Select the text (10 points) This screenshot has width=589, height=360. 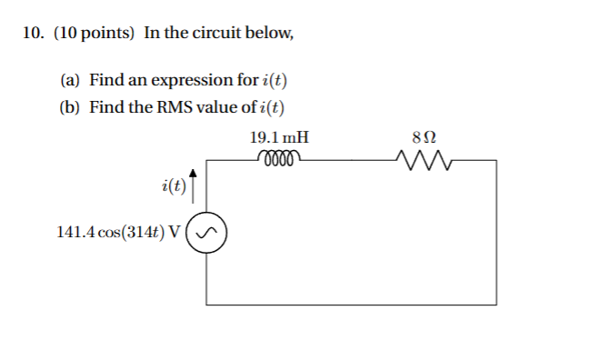pyautogui.click(x=95, y=34)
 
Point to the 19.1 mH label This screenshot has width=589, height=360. pyautogui.click(x=279, y=138)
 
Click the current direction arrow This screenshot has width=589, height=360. pyautogui.click(x=193, y=182)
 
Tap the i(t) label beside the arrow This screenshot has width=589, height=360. pyautogui.click(x=171, y=187)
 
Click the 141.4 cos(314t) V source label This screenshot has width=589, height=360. pyautogui.click(x=118, y=233)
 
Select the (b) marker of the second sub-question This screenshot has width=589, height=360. pyautogui.click(x=69, y=107)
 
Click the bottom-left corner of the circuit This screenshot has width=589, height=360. pyautogui.click(x=207, y=304)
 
